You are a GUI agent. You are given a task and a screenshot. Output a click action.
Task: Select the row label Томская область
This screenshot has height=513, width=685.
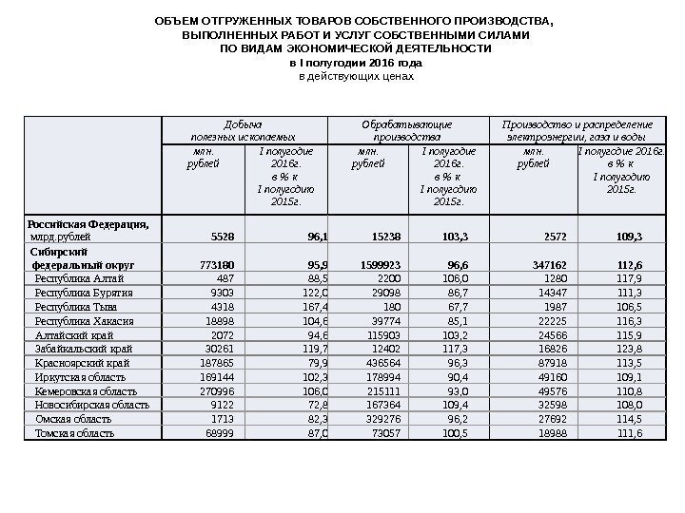coord(74,433)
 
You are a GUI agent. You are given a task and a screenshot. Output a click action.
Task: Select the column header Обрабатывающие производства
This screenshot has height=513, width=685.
coord(406,130)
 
